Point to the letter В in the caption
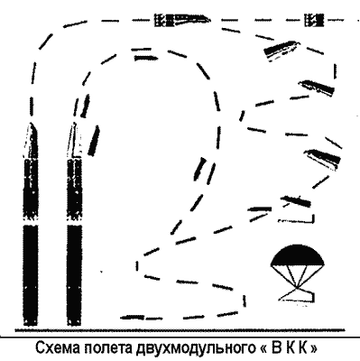pyautogui.click(x=276, y=348)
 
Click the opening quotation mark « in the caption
pyautogui.click(x=262, y=349)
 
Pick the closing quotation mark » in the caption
pyautogui.click(x=313, y=349)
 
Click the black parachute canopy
pyautogui.click(x=298, y=255)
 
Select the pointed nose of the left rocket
pyautogui.click(x=32, y=140)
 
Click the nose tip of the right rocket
pyautogui.click(x=73, y=124)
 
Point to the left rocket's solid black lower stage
pyautogui.click(x=31, y=275)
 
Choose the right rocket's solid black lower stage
pyautogui.click(x=74, y=275)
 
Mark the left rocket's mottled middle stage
pyautogui.click(x=31, y=190)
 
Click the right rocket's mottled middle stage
pyautogui.click(x=74, y=190)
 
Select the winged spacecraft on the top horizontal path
pyautogui.click(x=182, y=20)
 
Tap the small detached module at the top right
pyautogui.click(x=314, y=20)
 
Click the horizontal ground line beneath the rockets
pyautogui.click(x=180, y=330)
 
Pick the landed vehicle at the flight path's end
pyautogui.click(x=133, y=317)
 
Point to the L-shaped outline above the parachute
pyautogui.click(x=297, y=219)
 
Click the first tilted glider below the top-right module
pyautogui.click(x=282, y=51)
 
